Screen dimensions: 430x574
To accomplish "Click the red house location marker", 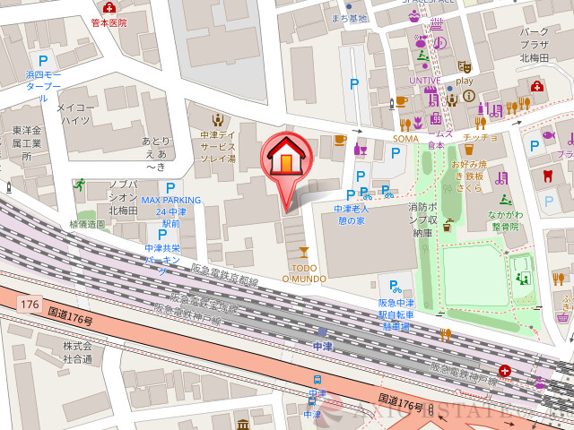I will (286, 159).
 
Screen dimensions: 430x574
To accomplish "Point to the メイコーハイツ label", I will (74, 113).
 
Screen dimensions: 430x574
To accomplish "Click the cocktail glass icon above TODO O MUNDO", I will (303, 251).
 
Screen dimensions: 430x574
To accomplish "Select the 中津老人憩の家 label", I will (350, 215).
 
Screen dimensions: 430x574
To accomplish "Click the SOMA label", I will (405, 138).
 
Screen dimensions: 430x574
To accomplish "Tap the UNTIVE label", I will (425, 80).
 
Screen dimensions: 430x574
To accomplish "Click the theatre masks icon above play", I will (464, 66).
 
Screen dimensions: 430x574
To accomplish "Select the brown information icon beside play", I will (468, 96).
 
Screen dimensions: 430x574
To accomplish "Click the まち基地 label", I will (350, 18).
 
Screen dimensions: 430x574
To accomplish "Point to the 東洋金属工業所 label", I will (26, 143).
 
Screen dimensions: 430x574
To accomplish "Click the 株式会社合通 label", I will (77, 352).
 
